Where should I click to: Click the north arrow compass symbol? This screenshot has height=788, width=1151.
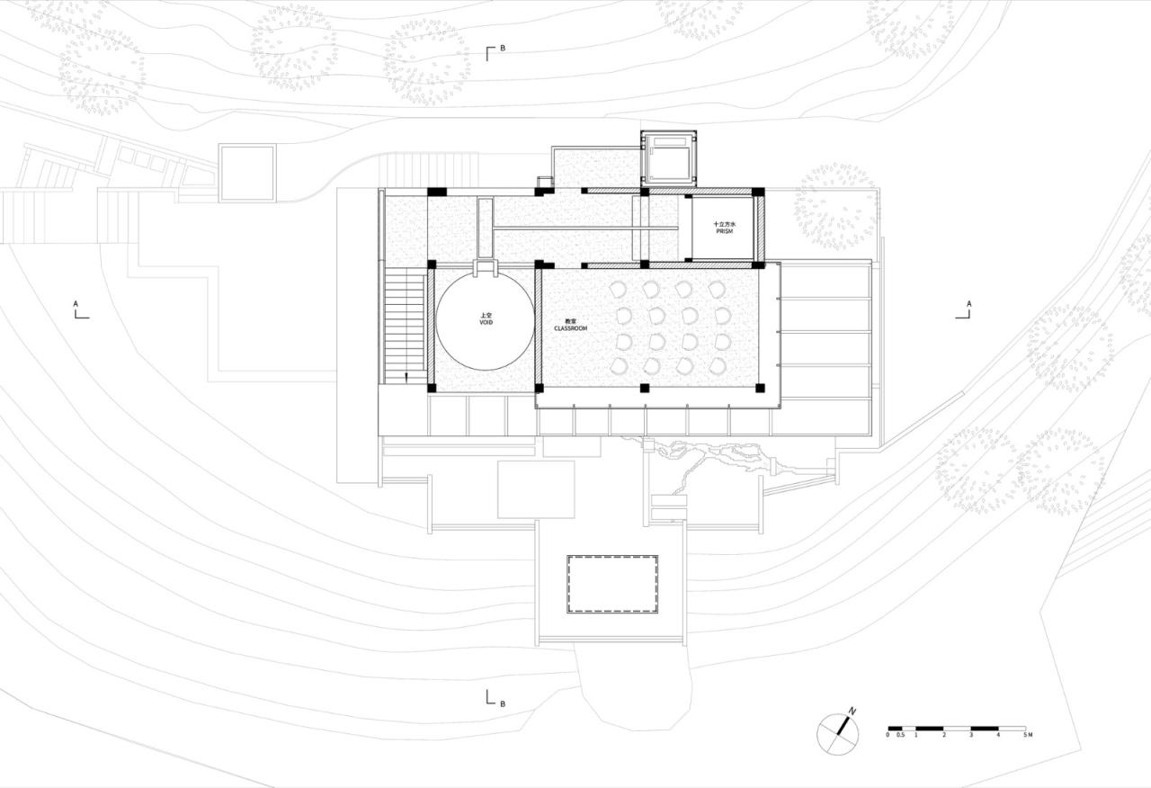pos(837,733)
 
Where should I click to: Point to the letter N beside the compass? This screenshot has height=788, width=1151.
pos(852,712)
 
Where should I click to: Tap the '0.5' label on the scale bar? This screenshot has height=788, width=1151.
pos(901,736)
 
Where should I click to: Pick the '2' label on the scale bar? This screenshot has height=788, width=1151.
pos(943,736)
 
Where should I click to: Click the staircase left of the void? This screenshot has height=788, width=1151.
pos(404,324)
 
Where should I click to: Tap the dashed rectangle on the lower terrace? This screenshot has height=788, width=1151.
pos(613,584)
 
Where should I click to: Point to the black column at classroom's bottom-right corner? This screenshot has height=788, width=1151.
pos(760,389)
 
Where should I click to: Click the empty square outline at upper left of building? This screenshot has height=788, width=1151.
pos(246,173)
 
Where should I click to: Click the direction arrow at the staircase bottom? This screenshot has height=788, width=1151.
pos(406,377)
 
